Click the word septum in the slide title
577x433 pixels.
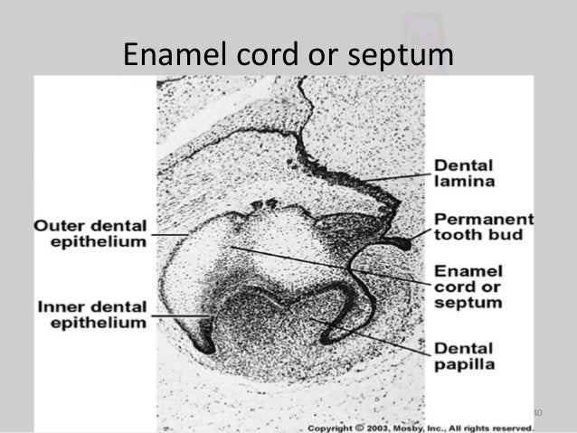coord(404,57)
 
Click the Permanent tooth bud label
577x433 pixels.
coord(483,228)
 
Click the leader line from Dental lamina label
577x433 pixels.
coord(398,177)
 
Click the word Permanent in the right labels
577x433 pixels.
coord(483,220)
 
